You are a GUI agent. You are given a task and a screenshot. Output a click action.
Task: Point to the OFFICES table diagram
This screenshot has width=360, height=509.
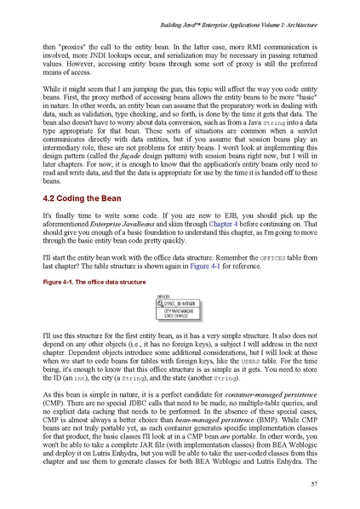coord(180,304)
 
